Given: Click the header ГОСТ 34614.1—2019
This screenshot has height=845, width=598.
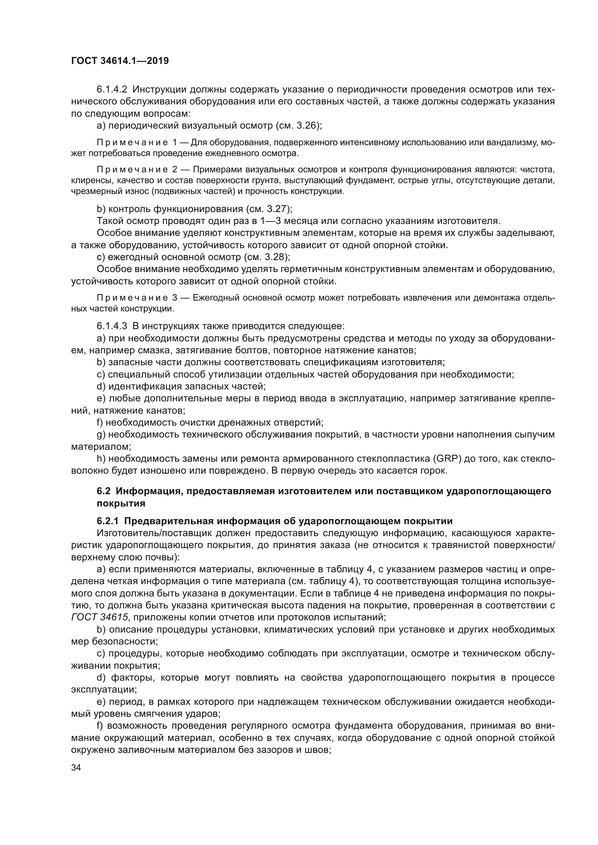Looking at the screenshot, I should [x=120, y=61].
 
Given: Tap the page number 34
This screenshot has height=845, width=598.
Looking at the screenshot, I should [x=76, y=767].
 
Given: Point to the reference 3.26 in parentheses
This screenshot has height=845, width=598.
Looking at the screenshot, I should [x=307, y=125].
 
